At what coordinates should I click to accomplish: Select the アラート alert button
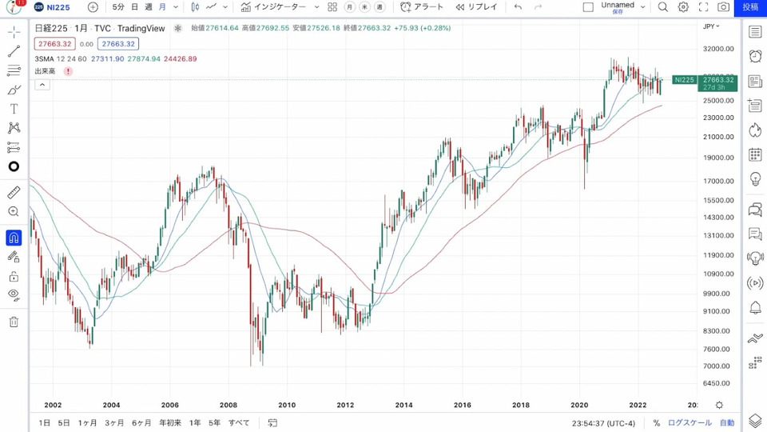(x=422, y=7)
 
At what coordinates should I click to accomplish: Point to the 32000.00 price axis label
(x=717, y=48)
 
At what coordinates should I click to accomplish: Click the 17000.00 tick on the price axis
(x=717, y=181)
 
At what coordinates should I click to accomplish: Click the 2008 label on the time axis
(x=229, y=405)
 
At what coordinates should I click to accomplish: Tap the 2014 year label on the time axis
(x=403, y=405)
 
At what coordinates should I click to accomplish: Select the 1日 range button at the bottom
(x=45, y=422)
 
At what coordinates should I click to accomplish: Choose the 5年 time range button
(x=214, y=422)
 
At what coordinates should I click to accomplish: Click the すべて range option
(x=239, y=422)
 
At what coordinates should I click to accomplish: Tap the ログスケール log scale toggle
(x=689, y=422)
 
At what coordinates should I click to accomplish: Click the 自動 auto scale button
(x=726, y=422)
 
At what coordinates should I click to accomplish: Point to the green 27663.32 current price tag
(x=717, y=80)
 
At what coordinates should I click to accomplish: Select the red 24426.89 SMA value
(x=180, y=59)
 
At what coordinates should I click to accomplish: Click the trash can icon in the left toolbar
(x=14, y=322)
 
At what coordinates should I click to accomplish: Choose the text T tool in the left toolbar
(x=14, y=109)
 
